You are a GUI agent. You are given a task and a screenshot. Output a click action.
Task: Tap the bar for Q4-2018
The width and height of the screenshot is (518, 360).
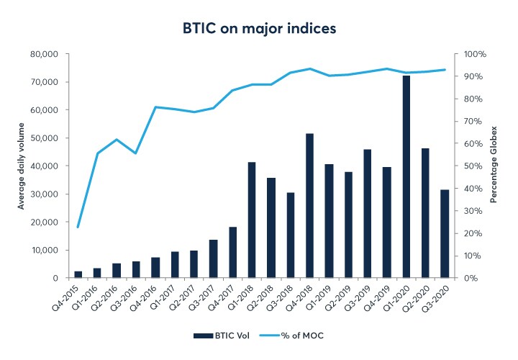pos(309,205)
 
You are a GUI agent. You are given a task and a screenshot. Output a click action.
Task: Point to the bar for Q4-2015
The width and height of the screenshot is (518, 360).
pos(78,274)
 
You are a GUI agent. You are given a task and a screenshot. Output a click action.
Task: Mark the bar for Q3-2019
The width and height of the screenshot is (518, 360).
pos(368,213)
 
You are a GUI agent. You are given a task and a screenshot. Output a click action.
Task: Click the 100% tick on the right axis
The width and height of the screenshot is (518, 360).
pos(475,54)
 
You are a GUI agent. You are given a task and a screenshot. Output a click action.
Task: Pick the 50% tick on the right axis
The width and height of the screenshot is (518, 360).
pos(473,166)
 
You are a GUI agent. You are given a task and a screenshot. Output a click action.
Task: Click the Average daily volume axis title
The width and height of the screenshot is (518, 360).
pos(22,166)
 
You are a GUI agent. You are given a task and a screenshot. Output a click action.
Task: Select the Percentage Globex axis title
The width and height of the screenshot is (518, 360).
pos(494,166)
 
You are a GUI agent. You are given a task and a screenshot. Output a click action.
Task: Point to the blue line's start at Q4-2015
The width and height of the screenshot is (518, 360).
pos(78,227)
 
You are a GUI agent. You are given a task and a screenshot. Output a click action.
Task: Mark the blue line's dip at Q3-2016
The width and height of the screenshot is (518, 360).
pos(136,153)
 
